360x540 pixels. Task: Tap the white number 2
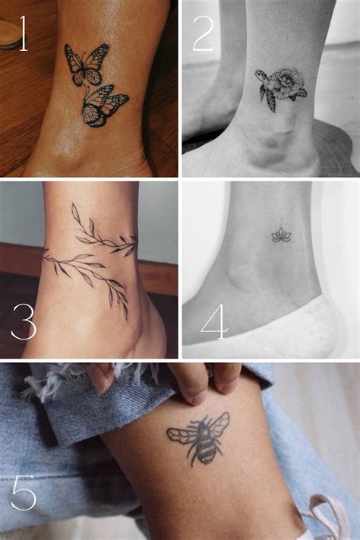point(203,33)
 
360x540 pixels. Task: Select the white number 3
point(23,322)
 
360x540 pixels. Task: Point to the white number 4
point(214,323)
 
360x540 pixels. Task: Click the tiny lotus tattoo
point(281,235)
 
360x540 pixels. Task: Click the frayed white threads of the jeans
point(46,380)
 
